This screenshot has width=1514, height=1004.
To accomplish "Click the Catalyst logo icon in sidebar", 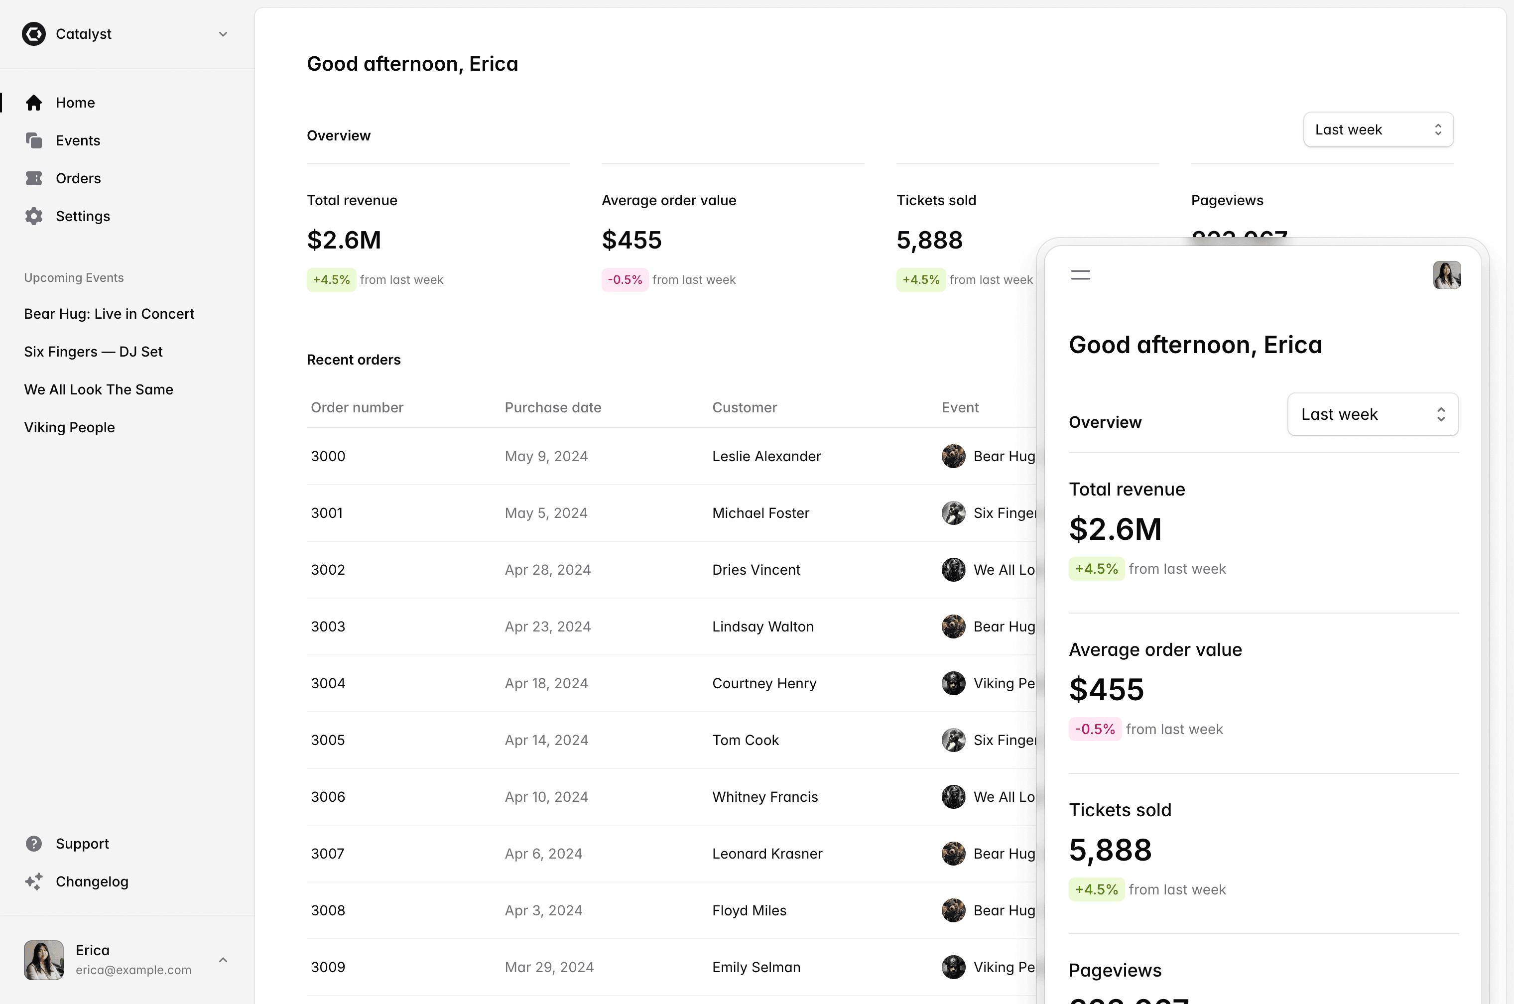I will point(33,34).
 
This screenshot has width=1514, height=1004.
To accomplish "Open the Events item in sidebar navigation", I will point(78,140).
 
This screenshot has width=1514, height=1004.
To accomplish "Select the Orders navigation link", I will point(78,178).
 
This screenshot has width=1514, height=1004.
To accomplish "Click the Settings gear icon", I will point(34,216).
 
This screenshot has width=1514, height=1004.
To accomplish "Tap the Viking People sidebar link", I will point(69,427).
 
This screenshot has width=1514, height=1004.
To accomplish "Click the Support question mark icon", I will point(34,843).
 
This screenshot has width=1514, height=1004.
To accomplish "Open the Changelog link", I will point(92,881).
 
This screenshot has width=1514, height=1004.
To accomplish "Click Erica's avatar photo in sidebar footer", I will point(43,959).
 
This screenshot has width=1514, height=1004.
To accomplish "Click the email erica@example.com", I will point(133,970).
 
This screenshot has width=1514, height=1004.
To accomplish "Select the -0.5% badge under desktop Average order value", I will point(624,280).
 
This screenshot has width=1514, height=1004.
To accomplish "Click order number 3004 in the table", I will point(328,683).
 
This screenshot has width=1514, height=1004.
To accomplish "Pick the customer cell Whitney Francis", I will point(765,796).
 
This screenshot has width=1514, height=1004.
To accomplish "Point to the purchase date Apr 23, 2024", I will point(547,626).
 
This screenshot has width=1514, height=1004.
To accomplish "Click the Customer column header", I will point(745,407).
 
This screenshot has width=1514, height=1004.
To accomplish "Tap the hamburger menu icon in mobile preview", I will point(1080,275).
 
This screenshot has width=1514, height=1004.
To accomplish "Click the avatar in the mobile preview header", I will point(1446,275).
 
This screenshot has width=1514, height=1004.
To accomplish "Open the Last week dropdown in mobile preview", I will point(1373,414).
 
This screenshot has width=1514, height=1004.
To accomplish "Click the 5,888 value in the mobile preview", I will point(1110,850).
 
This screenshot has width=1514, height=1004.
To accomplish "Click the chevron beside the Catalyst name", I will point(223,34).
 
